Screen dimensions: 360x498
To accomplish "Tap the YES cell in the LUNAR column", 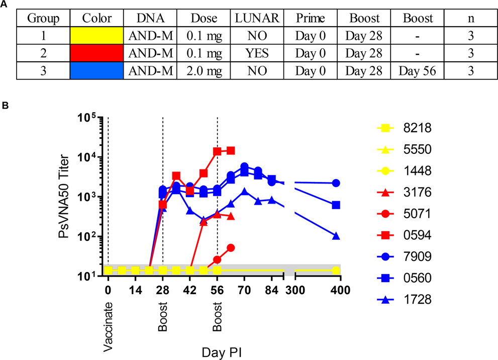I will point(257,53).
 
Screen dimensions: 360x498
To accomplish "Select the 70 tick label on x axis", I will point(244,290).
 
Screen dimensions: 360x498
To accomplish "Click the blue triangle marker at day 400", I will point(336,236).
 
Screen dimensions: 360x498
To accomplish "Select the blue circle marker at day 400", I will point(336,183).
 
